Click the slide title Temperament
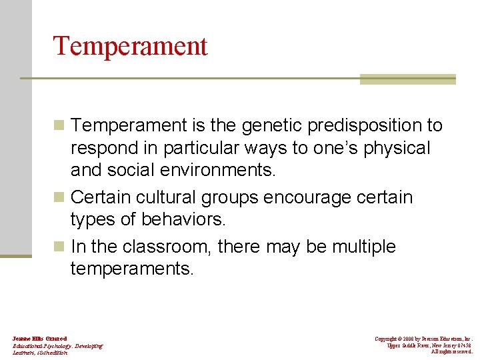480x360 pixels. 130,46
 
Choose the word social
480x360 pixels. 131,170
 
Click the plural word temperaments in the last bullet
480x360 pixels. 131,269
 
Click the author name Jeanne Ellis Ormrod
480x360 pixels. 39,339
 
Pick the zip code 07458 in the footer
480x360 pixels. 464,345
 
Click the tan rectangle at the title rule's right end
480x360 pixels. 407,79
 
